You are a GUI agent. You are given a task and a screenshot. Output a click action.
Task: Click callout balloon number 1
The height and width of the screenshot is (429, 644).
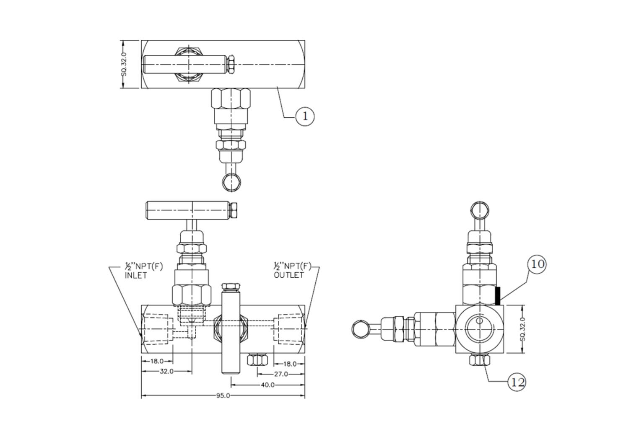(x=305, y=116)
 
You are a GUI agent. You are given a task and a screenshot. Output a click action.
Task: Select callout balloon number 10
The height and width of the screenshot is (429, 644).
(x=537, y=264)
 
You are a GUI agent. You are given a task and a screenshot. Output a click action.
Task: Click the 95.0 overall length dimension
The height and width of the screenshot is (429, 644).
(x=223, y=395)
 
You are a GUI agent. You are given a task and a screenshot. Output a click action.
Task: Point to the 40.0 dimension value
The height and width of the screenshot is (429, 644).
(x=268, y=385)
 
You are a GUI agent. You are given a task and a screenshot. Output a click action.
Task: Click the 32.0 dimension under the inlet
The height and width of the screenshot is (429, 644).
(x=166, y=371)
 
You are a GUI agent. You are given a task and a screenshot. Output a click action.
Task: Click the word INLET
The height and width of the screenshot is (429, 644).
(x=136, y=276)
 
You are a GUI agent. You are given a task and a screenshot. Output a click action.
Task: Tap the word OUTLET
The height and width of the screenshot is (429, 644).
(x=288, y=275)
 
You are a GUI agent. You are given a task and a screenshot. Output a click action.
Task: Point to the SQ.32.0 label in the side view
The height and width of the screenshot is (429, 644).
(x=522, y=329)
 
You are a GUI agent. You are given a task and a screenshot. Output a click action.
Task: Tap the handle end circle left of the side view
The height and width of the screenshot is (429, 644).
(x=361, y=328)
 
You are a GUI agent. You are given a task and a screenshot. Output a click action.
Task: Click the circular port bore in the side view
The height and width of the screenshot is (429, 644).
(x=479, y=329)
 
